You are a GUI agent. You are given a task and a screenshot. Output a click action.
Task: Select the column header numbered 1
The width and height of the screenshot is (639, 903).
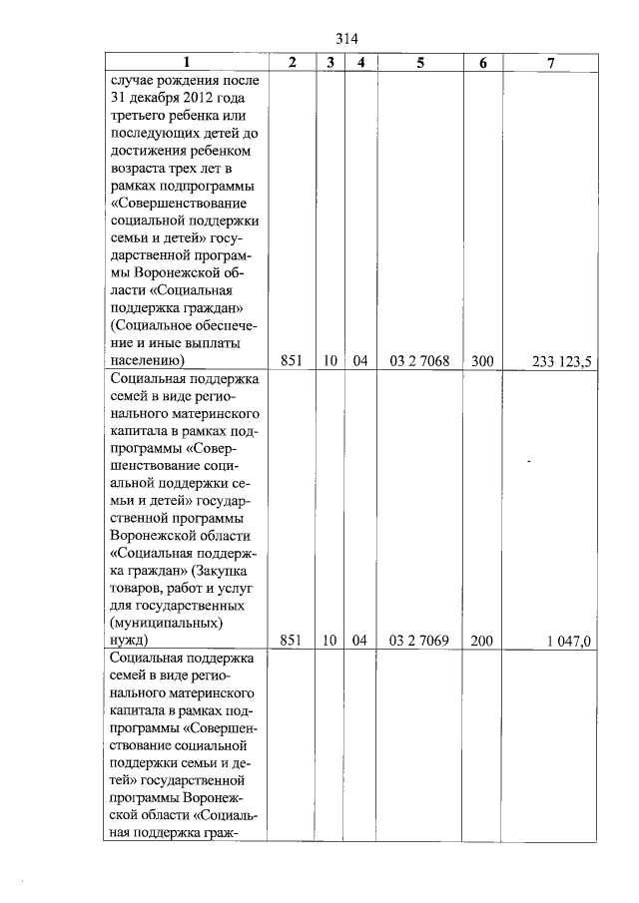click(x=186, y=62)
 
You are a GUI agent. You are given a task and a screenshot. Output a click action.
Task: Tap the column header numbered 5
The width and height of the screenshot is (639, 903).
click(x=420, y=62)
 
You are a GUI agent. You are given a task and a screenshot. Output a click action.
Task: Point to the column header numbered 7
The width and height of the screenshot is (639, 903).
click(x=551, y=62)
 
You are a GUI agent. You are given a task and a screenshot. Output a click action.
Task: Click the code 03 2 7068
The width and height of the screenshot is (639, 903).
click(x=420, y=361)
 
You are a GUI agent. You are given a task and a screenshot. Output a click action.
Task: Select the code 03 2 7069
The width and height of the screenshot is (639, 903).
click(x=420, y=641)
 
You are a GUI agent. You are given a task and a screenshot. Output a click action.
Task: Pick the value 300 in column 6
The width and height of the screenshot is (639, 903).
click(x=483, y=361)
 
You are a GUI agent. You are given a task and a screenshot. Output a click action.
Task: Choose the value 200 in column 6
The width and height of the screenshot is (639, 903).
click(x=483, y=641)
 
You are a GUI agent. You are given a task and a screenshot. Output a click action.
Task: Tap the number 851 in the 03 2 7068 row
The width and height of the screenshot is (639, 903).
click(x=292, y=361)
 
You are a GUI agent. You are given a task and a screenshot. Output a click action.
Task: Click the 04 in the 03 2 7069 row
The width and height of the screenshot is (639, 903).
click(x=360, y=641)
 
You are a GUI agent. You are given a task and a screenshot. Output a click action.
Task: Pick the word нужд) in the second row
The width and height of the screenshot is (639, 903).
click(x=131, y=641)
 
